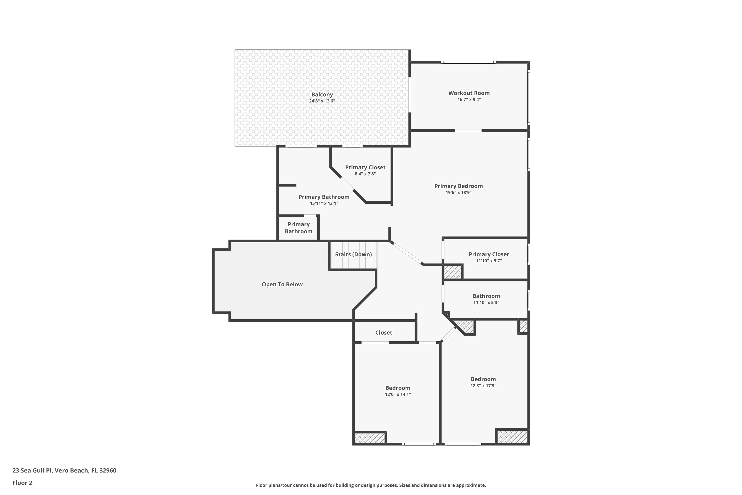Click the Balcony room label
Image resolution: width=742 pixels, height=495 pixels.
click(x=322, y=94)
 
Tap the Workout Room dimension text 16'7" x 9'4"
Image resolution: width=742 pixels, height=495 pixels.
click(x=469, y=100)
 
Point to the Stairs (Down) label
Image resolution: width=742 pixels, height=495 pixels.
click(x=353, y=254)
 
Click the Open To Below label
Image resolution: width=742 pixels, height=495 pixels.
click(x=282, y=284)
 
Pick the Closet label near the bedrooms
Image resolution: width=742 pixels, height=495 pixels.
click(x=384, y=332)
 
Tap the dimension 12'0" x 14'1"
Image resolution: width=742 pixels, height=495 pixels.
click(x=398, y=394)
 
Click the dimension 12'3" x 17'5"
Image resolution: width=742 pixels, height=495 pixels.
click(x=483, y=385)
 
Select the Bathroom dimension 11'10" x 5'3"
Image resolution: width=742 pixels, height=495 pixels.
click(x=486, y=302)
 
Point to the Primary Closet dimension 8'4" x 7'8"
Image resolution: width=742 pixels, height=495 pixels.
click(x=365, y=174)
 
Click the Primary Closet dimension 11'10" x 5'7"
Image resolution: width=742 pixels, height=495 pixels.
click(x=489, y=261)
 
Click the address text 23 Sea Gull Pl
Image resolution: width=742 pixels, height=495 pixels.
click(x=32, y=471)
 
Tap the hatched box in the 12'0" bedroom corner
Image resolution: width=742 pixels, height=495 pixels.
click(x=370, y=438)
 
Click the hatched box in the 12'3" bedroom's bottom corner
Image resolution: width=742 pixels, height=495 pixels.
click(x=512, y=437)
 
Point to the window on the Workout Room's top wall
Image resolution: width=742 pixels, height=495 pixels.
click(x=468, y=62)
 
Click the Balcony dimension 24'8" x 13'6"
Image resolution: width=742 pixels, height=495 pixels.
click(x=322, y=101)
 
